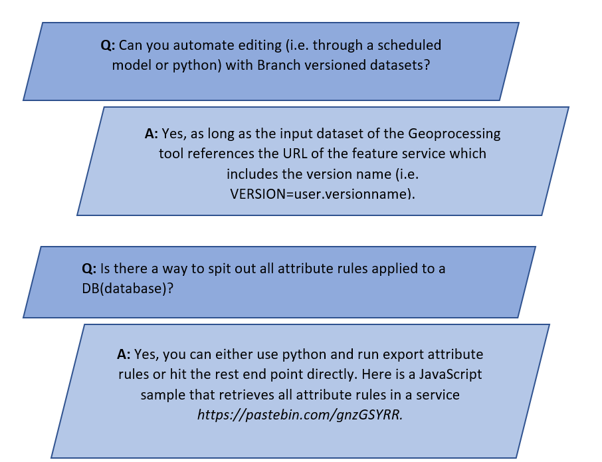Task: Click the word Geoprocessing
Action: (x=455, y=134)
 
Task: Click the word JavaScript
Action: (x=450, y=374)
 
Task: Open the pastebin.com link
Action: (x=300, y=414)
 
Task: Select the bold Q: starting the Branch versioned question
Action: (x=108, y=46)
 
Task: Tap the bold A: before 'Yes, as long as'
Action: (x=151, y=134)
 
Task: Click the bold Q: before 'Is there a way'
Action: (x=89, y=269)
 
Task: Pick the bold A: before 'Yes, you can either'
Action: (x=124, y=354)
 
